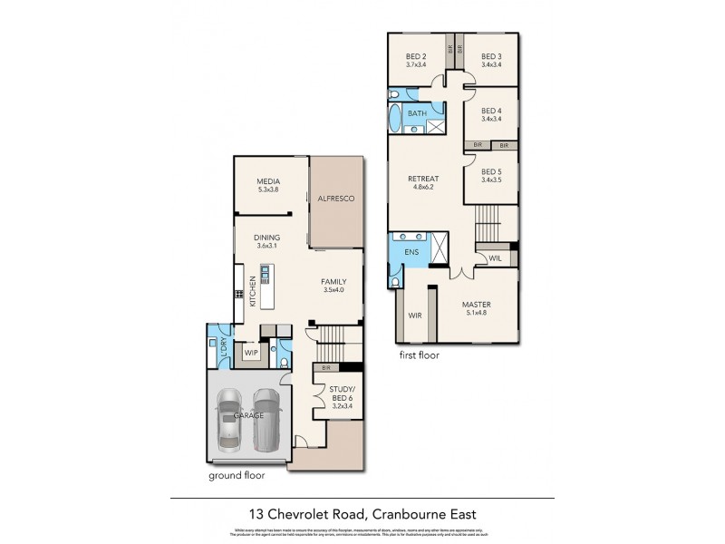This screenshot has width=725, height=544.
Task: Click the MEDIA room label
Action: point(266,181)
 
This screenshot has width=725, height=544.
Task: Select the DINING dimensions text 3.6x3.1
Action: point(266,248)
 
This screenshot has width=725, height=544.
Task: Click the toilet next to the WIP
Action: point(284,363)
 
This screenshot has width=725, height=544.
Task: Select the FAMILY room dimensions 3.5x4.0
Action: point(334,291)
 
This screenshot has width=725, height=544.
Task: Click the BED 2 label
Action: point(417,56)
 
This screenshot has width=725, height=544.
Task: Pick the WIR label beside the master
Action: point(415,316)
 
